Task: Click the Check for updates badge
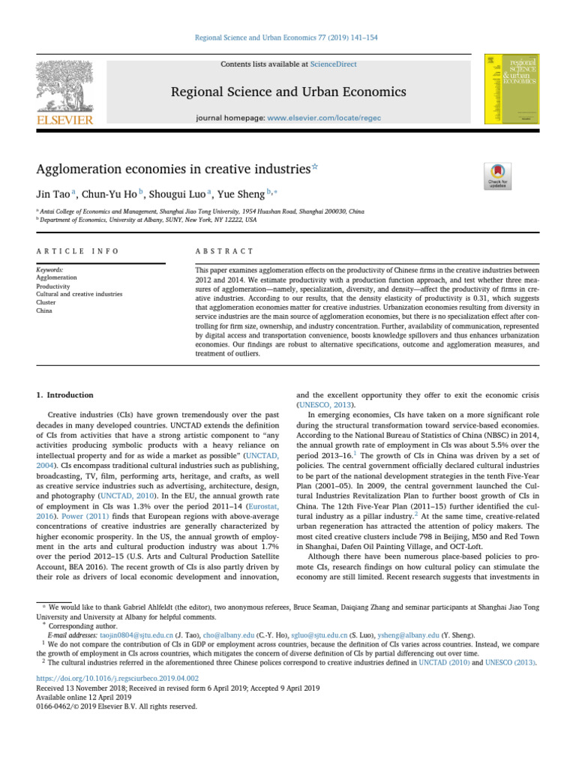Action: point(499,175)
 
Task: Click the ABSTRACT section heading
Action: point(224,251)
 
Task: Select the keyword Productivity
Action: point(53,286)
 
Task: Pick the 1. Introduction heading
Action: point(65,395)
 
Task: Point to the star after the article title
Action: point(314,167)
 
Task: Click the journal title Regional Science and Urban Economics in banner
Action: point(288,91)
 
